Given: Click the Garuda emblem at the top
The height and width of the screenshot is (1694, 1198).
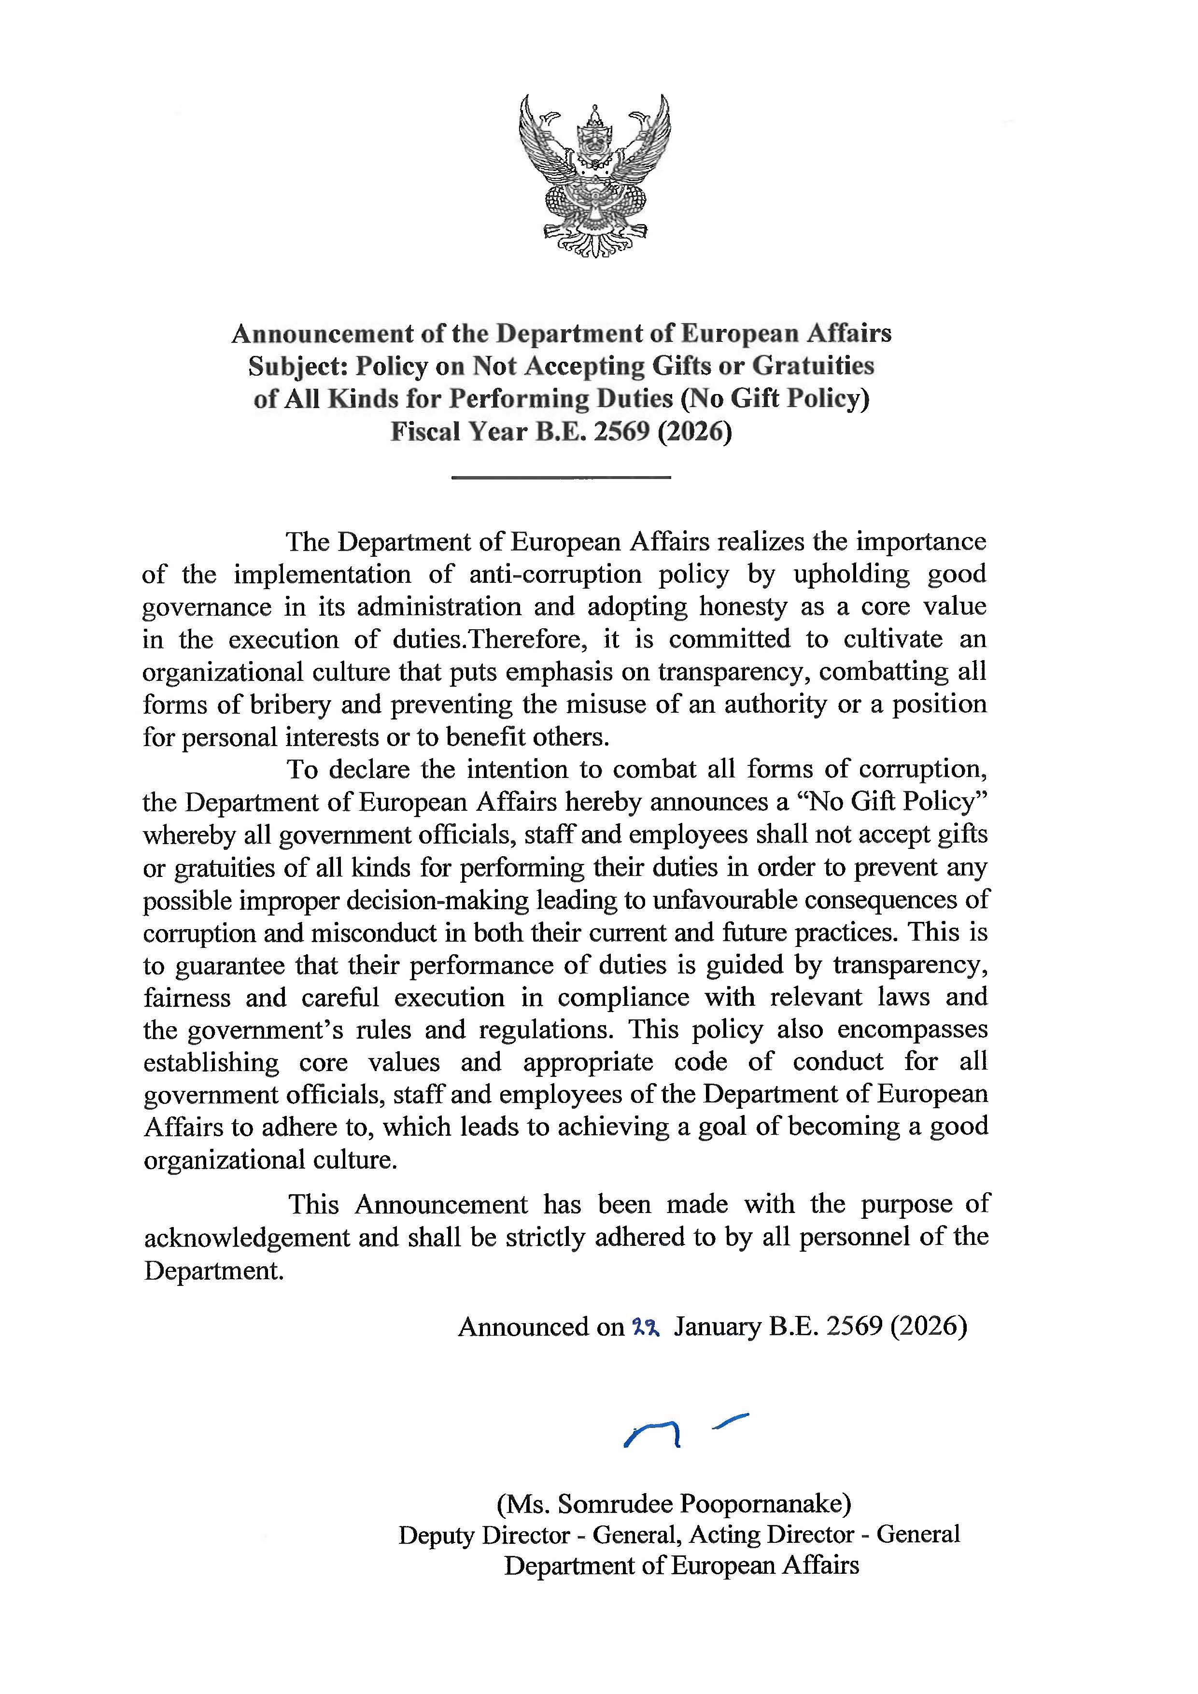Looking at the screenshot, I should pyautogui.click(x=594, y=176).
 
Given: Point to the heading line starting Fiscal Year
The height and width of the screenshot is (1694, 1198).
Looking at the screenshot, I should pyautogui.click(x=561, y=432).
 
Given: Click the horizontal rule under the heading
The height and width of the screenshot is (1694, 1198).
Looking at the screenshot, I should pyautogui.click(x=561, y=478).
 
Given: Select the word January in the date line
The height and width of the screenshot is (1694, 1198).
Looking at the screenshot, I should pyautogui.click(x=717, y=1328).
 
